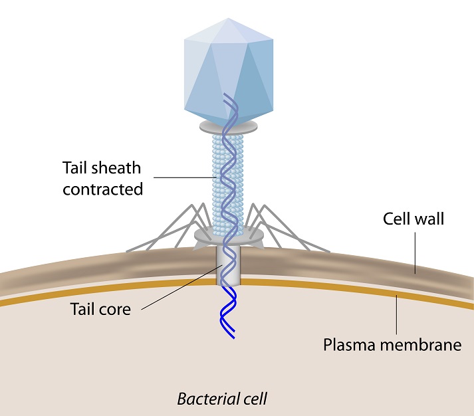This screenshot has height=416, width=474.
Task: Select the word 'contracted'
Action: click(103, 189)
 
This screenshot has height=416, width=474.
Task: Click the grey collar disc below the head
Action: click(228, 126)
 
